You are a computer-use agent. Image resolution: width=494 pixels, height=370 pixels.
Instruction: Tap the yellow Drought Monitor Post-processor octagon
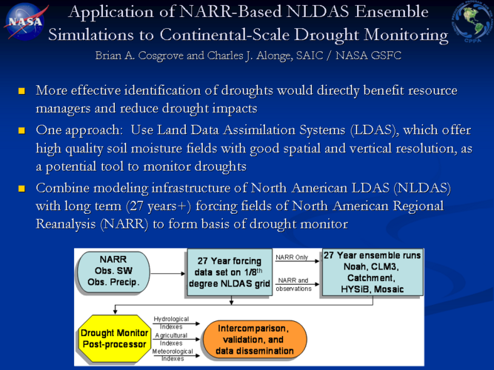tap(114, 338)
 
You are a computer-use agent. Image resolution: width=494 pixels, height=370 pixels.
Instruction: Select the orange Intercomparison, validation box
tap(255, 340)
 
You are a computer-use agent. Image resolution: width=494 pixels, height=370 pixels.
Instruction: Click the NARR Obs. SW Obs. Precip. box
tap(113, 272)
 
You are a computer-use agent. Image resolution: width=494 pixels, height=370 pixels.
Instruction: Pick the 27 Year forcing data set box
tap(230, 272)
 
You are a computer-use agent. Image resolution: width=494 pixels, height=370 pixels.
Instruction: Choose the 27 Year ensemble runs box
tap(373, 272)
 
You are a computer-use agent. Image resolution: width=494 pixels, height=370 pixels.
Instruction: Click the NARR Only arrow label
tap(292, 258)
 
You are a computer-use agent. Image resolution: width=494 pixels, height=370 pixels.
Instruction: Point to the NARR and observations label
tap(293, 284)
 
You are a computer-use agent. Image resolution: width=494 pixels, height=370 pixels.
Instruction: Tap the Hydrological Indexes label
tap(171, 323)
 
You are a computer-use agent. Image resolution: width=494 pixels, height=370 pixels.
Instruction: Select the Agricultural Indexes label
tap(171, 339)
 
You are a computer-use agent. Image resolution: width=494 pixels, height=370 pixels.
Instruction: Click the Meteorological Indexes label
tap(173, 355)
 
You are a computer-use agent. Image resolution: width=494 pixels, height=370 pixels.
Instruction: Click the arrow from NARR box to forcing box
tap(167, 273)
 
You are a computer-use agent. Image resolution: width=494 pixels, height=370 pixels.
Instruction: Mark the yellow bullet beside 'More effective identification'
tap(21, 91)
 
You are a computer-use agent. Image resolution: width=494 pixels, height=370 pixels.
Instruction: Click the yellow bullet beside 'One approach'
tap(21, 131)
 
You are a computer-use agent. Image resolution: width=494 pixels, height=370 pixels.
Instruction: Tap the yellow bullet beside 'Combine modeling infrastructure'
tap(21, 189)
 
